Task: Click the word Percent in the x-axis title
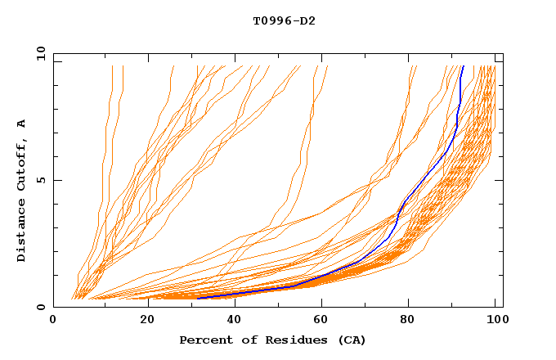pos(204,340)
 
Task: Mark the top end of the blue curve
pos(463,66)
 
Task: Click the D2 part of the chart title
pos(307,21)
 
